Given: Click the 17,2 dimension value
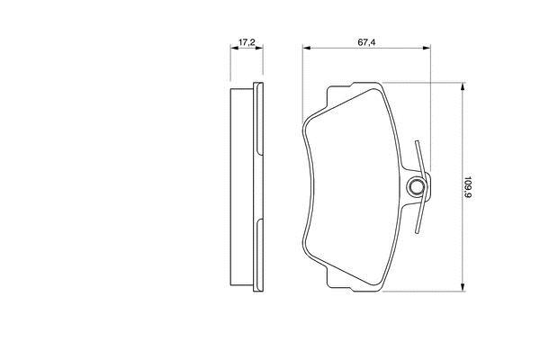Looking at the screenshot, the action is (x=247, y=42).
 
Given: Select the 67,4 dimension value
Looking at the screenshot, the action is (x=366, y=42).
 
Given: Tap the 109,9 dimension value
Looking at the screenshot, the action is (x=468, y=186).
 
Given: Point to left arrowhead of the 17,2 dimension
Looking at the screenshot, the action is (x=234, y=48).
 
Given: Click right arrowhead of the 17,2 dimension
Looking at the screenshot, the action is (x=259, y=48).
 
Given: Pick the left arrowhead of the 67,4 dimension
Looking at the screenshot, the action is (x=307, y=48).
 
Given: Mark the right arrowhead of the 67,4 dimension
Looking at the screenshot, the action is (x=427, y=48).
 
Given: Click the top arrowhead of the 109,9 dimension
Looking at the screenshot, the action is (x=463, y=86).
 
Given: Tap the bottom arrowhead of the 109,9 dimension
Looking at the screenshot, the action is (x=463, y=287).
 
